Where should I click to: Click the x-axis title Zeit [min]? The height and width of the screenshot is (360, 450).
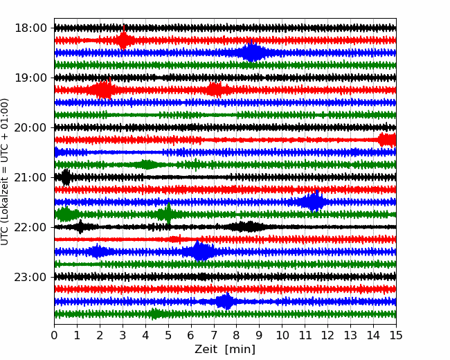pos(225,350)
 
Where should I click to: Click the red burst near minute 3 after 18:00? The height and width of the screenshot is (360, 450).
pos(124,40)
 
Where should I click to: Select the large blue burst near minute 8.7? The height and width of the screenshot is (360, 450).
pos(253,53)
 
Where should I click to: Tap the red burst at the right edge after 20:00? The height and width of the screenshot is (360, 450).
pos(386,140)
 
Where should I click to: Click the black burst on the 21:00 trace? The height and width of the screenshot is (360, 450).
pos(66,177)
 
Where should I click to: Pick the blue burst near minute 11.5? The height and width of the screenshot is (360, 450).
pos(314,202)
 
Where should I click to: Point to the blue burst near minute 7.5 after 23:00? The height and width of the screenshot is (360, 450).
pos(225,302)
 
